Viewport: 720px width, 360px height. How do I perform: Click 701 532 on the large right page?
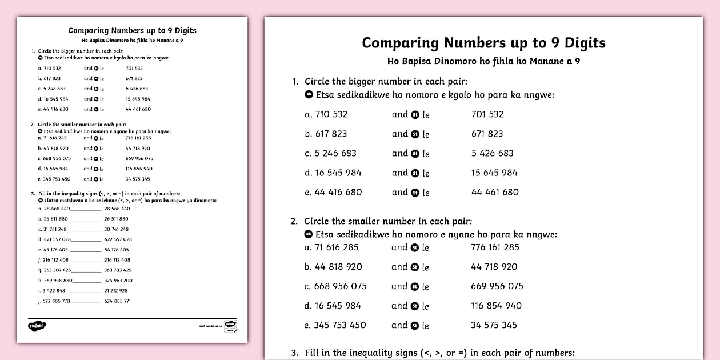point(487,114)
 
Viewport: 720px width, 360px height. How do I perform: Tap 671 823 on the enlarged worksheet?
point(487,134)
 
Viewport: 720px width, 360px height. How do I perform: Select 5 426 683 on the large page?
point(493,153)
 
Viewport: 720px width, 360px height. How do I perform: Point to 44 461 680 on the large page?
point(495,192)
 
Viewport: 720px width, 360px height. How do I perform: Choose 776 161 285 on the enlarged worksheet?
point(495,247)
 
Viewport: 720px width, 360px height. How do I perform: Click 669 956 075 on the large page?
point(497,286)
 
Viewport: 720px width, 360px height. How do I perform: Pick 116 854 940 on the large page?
point(496,306)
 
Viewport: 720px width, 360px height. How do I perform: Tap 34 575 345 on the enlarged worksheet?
point(494,325)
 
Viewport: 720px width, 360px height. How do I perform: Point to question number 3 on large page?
point(295,353)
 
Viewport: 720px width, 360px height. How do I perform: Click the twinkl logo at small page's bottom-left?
point(37,326)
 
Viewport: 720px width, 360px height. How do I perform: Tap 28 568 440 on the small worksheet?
point(117,209)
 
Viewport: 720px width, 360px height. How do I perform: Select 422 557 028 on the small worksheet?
point(118,239)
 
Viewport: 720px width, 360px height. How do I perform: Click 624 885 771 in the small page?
point(117,301)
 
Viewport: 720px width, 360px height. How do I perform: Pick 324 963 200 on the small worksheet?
point(118,281)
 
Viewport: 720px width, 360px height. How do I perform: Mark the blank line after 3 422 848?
point(84,291)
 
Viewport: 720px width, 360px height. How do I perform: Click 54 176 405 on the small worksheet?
point(117,250)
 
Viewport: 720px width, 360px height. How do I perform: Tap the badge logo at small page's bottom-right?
point(230,325)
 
